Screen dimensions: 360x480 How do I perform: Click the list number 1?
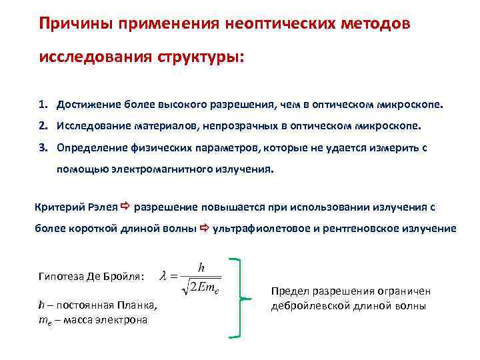click(x=42, y=105)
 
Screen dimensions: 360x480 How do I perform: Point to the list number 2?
click(x=42, y=125)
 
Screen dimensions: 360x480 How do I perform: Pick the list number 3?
click(x=42, y=146)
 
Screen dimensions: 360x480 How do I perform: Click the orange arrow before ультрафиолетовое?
click(x=205, y=228)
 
